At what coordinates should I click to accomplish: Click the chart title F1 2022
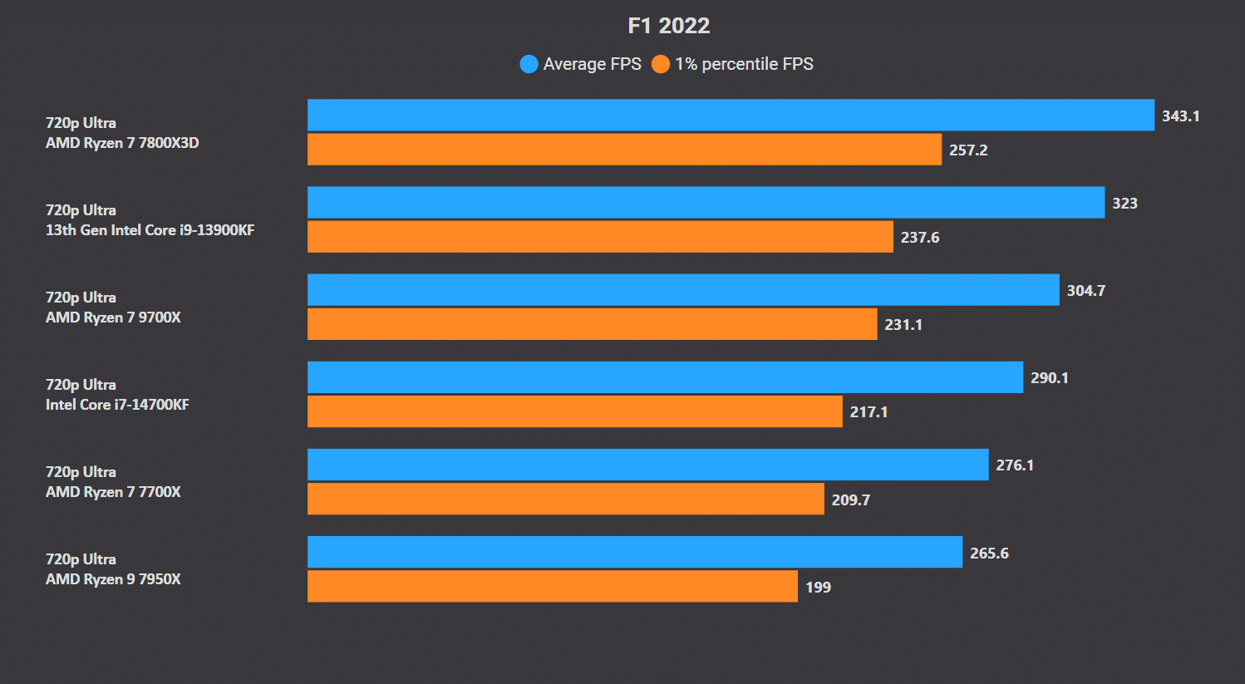[x=668, y=26]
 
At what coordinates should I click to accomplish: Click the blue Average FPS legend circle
[x=529, y=64]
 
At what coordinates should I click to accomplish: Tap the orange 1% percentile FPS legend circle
[x=661, y=64]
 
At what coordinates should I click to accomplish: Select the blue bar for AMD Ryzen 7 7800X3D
[x=731, y=116]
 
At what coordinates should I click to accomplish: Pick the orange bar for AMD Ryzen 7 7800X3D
[x=624, y=150]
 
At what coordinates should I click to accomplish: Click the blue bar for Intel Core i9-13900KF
[x=706, y=203]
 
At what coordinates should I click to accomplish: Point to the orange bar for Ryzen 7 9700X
[x=592, y=324]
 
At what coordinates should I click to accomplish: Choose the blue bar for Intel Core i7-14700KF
[x=665, y=377]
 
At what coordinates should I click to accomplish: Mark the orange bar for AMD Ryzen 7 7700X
[x=565, y=499]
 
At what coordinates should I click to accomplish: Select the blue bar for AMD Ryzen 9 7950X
[x=634, y=553]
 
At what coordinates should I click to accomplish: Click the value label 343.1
[x=1180, y=116]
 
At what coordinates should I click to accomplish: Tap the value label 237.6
[x=920, y=238]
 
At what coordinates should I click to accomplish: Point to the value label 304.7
[x=1085, y=291]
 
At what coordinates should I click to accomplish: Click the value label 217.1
[x=869, y=412]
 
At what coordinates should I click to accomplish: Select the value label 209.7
[x=850, y=500]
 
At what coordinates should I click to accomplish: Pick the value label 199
[x=818, y=588]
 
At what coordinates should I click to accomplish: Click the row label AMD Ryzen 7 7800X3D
[x=122, y=143]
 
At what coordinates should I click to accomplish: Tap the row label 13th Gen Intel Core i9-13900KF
[x=150, y=230]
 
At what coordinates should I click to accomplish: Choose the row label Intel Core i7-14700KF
[x=117, y=405]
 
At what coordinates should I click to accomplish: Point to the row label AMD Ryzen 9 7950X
[x=113, y=579]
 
